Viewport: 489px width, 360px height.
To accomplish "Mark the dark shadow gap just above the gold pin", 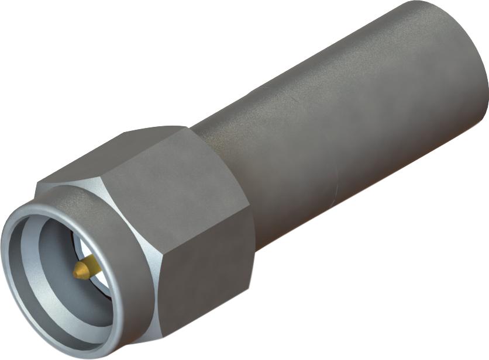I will click(x=82, y=248).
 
